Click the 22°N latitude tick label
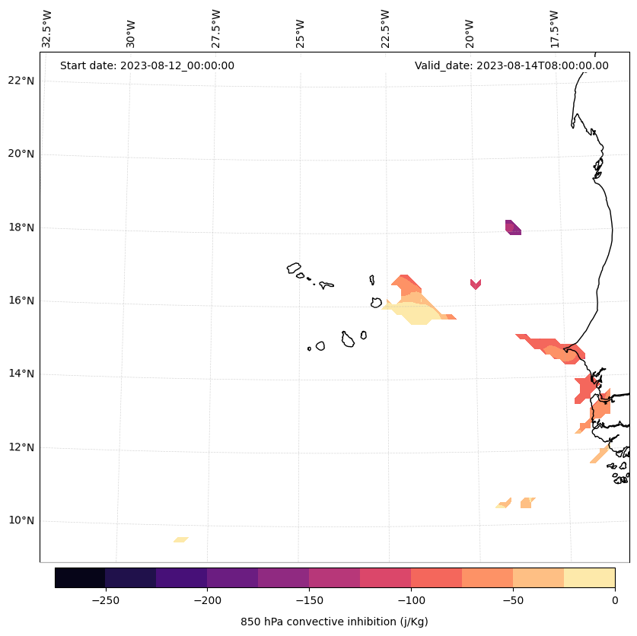21,81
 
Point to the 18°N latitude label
21,227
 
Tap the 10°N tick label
21,521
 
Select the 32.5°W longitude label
47,29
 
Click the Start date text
147,65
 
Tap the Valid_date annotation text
511,65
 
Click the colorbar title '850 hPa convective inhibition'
334,622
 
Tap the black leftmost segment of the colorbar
80,577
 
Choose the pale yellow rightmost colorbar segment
589,577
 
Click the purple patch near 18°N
513,227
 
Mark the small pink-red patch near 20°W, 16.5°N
476,284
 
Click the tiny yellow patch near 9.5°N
180,539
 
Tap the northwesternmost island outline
294,268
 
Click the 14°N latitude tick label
21,374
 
